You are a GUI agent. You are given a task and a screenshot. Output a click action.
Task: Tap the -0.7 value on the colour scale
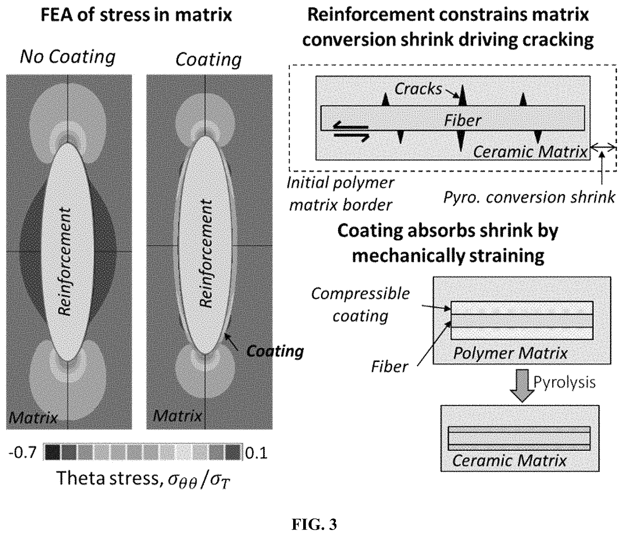23,453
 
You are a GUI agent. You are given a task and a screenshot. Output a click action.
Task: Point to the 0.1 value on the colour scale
256,453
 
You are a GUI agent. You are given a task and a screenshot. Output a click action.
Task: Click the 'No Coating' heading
68,57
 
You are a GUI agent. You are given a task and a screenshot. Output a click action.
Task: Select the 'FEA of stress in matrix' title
136,15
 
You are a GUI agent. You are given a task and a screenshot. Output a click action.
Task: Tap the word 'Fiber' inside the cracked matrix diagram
462,120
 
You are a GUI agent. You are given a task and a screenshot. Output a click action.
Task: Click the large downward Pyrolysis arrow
522,386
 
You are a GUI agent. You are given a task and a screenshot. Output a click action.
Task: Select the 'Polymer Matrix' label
510,353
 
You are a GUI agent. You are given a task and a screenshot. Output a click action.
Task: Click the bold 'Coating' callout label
275,351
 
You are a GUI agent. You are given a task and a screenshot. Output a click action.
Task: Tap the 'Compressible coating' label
360,305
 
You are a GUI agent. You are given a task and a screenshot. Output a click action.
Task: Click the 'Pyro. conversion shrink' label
529,198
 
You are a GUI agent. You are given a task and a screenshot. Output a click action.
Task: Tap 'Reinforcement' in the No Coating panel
65,261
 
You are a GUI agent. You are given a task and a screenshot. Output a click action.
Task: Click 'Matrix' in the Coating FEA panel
177,416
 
